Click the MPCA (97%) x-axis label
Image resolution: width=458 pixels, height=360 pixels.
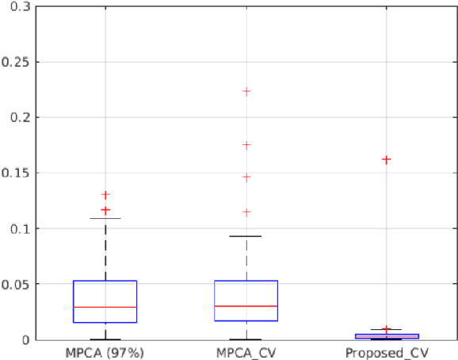[x=105, y=350]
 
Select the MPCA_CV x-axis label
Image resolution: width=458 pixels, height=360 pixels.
[x=246, y=350]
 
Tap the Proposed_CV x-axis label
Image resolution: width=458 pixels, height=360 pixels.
[x=386, y=350]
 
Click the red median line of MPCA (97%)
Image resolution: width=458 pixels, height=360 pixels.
[x=105, y=307]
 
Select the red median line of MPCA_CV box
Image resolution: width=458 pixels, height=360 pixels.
[x=246, y=306]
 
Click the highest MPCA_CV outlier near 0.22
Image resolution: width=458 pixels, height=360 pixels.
[x=246, y=91]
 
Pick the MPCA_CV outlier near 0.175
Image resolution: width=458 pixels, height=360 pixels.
[x=246, y=145]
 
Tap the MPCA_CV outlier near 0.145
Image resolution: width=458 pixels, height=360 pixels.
[x=246, y=177]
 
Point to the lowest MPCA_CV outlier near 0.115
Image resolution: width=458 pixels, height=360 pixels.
[x=246, y=212]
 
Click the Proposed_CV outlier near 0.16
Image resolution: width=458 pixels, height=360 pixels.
[x=386, y=159]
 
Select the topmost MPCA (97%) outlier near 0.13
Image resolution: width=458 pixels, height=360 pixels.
[x=105, y=194]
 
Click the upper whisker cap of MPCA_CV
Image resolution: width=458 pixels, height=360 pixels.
[x=246, y=236]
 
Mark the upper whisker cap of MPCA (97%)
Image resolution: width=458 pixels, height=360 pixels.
[x=105, y=218]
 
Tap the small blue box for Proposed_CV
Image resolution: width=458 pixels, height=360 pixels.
[x=386, y=336]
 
